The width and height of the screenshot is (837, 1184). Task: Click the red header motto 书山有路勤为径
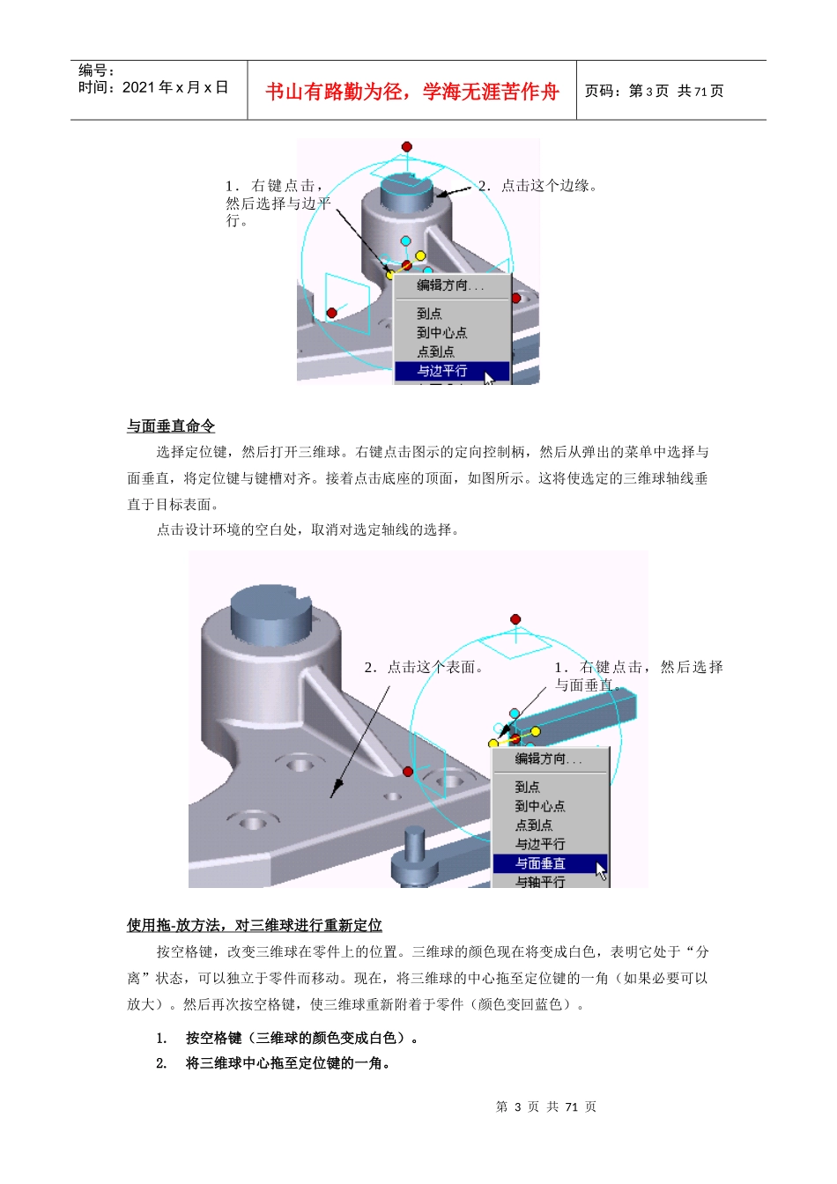(x=412, y=92)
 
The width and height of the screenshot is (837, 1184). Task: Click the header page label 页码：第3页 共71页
(x=654, y=91)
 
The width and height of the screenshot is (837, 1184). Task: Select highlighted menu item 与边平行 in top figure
(x=442, y=371)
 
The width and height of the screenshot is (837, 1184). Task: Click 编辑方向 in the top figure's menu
(x=449, y=285)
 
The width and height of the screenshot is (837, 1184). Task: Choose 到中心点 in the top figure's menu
(x=441, y=332)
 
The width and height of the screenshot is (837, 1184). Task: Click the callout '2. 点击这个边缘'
(x=537, y=186)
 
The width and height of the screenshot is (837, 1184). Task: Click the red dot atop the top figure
(x=406, y=146)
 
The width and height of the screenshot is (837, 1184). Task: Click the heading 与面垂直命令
(x=171, y=426)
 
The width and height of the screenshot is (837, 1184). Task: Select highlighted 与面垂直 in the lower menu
(x=540, y=863)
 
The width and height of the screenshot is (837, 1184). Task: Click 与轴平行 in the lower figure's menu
(x=540, y=882)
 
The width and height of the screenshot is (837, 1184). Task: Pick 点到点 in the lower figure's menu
(x=533, y=825)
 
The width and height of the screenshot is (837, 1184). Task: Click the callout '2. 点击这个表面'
(x=424, y=668)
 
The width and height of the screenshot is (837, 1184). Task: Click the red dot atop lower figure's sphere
(x=515, y=619)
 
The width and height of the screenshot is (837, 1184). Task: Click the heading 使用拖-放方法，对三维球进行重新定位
(x=254, y=925)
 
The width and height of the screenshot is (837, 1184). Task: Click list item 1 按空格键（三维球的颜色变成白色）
(x=302, y=1038)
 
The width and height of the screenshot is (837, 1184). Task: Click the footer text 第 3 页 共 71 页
(x=546, y=1106)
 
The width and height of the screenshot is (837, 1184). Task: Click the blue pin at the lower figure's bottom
(x=414, y=855)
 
